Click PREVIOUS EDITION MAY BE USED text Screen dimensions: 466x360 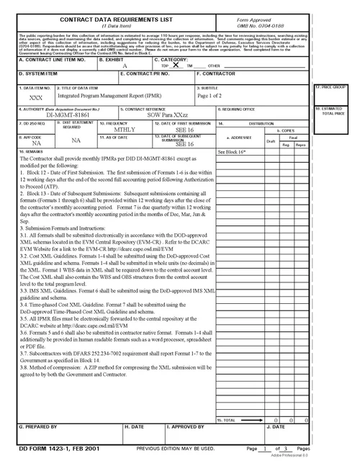click(176, 449)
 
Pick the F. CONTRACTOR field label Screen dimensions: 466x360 click(215, 73)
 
